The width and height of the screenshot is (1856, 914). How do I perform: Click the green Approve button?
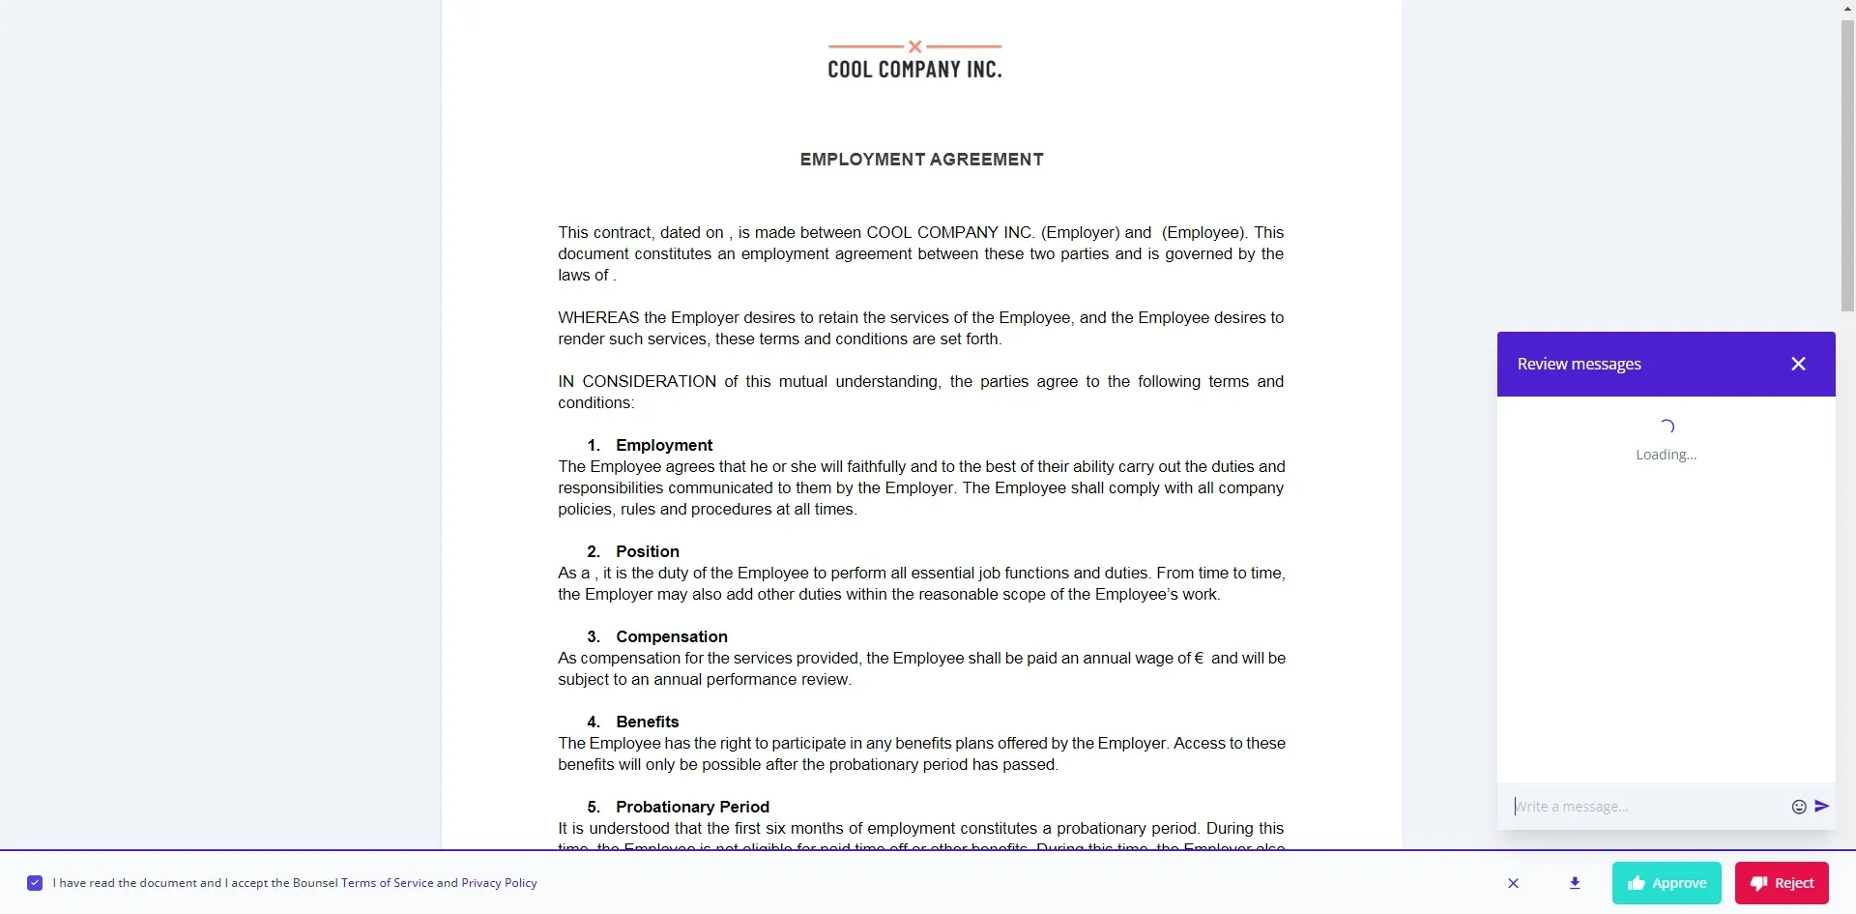coord(1667,883)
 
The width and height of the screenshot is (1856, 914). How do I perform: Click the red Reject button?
coord(1782,883)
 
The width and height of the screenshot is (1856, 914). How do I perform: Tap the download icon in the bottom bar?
coord(1575,883)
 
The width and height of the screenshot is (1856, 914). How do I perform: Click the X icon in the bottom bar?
coord(1514,883)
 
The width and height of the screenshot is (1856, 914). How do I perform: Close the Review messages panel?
coord(1798,364)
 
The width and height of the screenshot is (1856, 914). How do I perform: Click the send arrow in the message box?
coord(1822,806)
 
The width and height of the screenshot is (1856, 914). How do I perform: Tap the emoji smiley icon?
coord(1799,807)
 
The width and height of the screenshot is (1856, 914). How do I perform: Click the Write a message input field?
coord(1643,807)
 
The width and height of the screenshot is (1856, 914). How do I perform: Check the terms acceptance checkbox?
coord(35,883)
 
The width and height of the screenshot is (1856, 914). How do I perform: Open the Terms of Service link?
coord(387,883)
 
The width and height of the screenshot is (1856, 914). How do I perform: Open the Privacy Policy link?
coord(499,883)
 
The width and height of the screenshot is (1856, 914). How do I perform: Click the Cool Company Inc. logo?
coord(914,61)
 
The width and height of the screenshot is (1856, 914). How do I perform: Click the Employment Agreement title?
coord(921,160)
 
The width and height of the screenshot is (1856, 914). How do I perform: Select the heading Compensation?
coord(671,636)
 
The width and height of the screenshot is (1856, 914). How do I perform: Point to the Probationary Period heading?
coord(692,807)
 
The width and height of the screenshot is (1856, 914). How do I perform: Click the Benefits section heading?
coord(647,722)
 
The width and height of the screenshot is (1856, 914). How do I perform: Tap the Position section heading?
coord(647,551)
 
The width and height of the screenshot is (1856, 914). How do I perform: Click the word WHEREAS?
coord(598,317)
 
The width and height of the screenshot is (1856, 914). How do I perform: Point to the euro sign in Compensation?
coord(1199,658)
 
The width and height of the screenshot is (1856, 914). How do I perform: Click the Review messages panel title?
coord(1579,364)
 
